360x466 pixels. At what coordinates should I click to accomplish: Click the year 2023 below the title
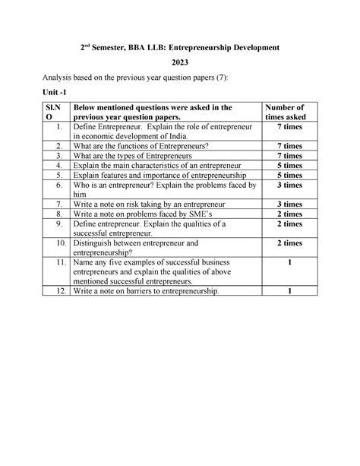(180, 65)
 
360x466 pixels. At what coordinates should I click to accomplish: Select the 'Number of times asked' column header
(287, 113)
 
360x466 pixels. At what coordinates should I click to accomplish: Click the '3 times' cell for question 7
(287, 204)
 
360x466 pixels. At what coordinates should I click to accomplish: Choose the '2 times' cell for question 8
(287, 214)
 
